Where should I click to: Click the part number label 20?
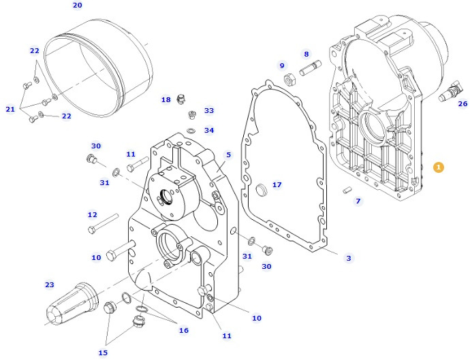tap(77, 5)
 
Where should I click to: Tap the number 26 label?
tap(463, 104)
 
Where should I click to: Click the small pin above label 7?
tap(347, 191)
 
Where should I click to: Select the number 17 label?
tap(277, 184)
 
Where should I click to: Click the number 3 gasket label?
tap(349, 258)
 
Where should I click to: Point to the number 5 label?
tap(228, 154)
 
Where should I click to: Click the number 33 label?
tap(209, 110)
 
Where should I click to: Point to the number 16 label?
tap(184, 331)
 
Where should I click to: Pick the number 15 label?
tap(103, 353)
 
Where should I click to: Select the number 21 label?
tap(10, 109)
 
